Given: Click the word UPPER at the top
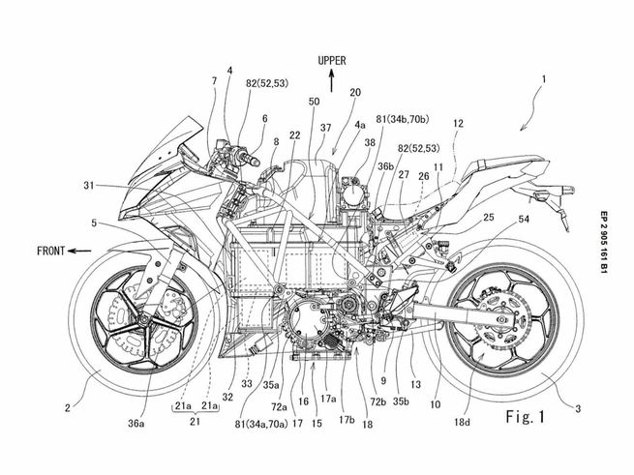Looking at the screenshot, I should [331, 60].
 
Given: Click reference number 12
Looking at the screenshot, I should [458, 123].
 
